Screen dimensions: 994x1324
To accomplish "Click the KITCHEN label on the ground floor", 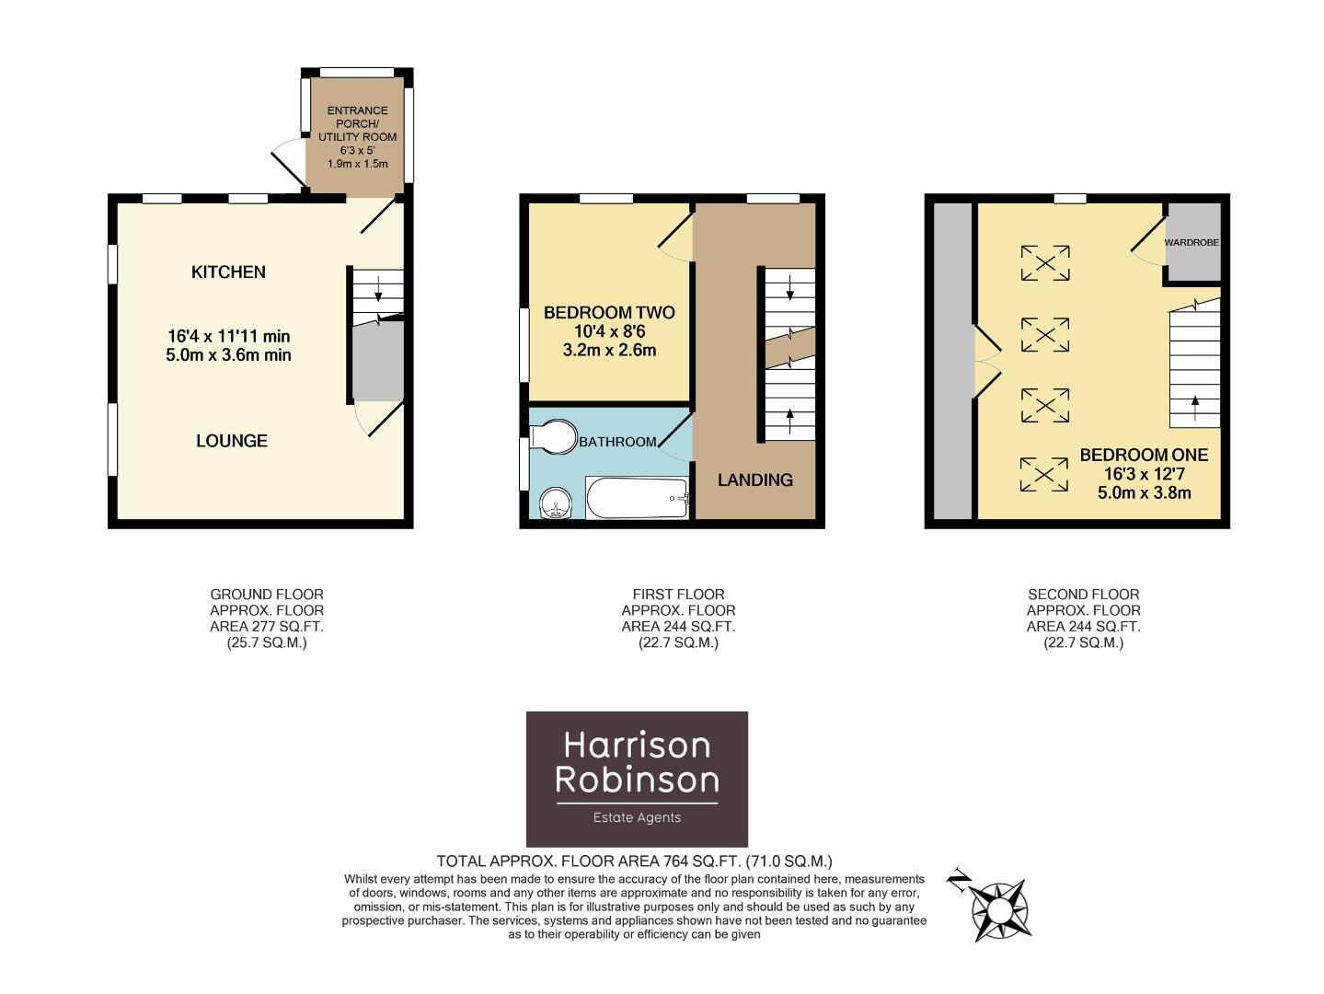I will (228, 272).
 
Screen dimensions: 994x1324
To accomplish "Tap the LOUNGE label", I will (232, 441).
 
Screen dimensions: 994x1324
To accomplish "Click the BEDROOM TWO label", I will (609, 313).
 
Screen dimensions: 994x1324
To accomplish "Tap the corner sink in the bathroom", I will (555, 503).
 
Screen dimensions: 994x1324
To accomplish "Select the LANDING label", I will (754, 480).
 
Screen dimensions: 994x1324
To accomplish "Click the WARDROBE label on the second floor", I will (1192, 243).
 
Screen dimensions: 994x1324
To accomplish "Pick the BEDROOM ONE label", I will (1144, 456).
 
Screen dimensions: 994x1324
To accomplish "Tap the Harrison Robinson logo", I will (637, 779).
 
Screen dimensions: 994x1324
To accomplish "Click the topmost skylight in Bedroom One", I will (1045, 263).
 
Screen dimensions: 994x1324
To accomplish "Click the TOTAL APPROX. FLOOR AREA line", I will (634, 861).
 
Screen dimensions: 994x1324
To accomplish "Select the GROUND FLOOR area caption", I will (267, 618).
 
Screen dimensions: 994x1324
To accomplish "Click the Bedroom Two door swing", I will (676, 233).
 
